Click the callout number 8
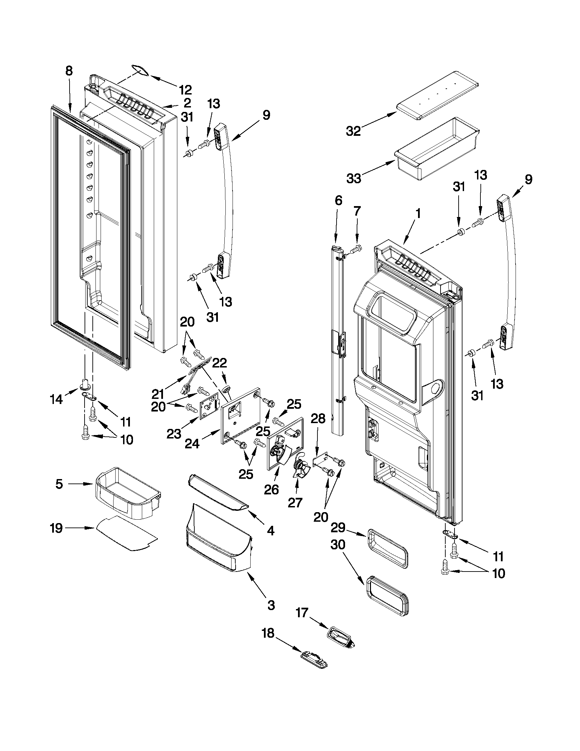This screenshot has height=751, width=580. (69, 71)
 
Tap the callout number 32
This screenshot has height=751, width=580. (353, 131)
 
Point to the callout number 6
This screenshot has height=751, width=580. (339, 200)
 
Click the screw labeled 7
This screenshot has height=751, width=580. (356, 248)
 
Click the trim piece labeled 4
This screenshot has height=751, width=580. (217, 494)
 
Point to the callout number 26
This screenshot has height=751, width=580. (271, 490)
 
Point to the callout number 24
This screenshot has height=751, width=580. (192, 444)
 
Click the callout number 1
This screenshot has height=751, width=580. (418, 214)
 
